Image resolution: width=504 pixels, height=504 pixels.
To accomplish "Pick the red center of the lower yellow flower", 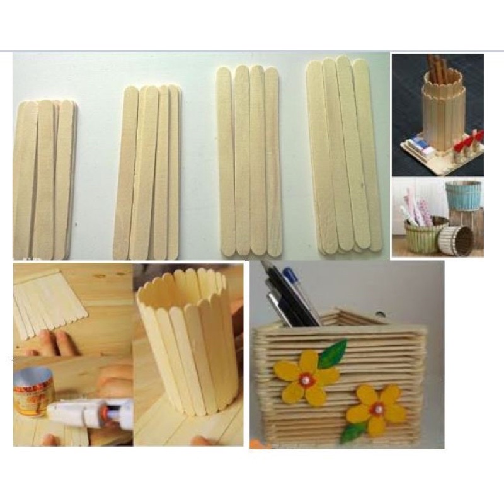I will (377, 409).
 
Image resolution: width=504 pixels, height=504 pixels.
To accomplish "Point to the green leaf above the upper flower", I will (333, 354).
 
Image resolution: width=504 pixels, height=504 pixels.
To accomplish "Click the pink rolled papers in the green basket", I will (416, 208).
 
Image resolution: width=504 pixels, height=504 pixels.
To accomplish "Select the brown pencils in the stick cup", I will (436, 69).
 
